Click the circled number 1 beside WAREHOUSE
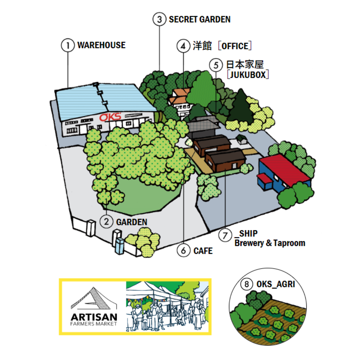click(68, 45)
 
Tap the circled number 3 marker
click(159, 19)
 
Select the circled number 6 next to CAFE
click(183, 250)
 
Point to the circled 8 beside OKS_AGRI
click(247, 284)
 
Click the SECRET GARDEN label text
click(200, 20)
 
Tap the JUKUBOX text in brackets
click(248, 75)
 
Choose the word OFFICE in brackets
click(235, 46)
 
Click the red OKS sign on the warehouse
click(110, 117)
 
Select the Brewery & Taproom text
click(270, 243)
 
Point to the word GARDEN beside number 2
click(132, 222)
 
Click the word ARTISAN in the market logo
click(94, 317)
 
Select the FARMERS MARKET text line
click(94, 324)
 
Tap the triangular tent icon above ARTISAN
click(94, 298)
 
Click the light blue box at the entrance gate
click(119, 246)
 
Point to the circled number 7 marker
click(225, 235)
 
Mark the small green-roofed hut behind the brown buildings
click(241, 139)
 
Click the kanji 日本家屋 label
click(245, 65)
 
